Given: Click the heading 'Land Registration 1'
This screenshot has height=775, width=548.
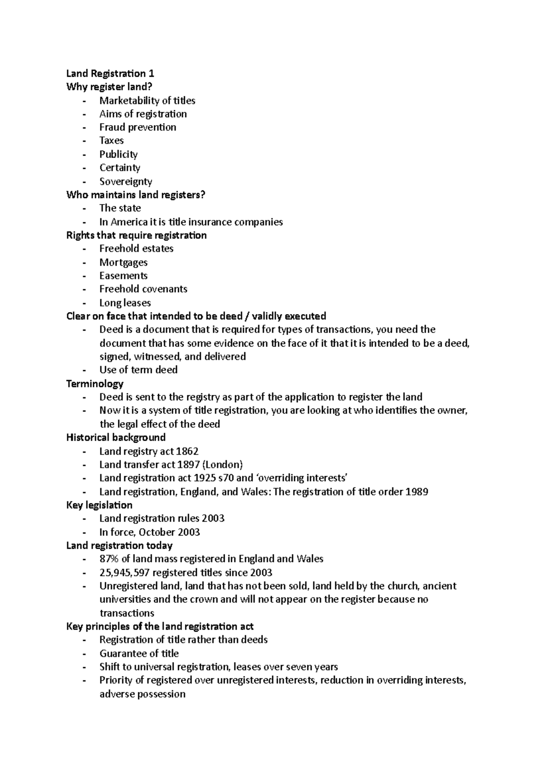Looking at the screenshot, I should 110,73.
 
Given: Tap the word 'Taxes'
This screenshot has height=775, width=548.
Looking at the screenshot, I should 111,141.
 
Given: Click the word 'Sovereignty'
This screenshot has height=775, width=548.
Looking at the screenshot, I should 126,181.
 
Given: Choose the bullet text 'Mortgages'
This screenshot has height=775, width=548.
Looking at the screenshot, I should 123,262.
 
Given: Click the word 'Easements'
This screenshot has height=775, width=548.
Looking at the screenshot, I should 123,276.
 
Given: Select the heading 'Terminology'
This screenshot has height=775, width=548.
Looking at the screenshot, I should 95,383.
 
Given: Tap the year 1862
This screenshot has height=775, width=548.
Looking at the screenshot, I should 187,451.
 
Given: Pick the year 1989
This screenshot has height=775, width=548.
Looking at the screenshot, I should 416,492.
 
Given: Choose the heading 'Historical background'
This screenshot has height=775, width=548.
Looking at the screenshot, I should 116,437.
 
